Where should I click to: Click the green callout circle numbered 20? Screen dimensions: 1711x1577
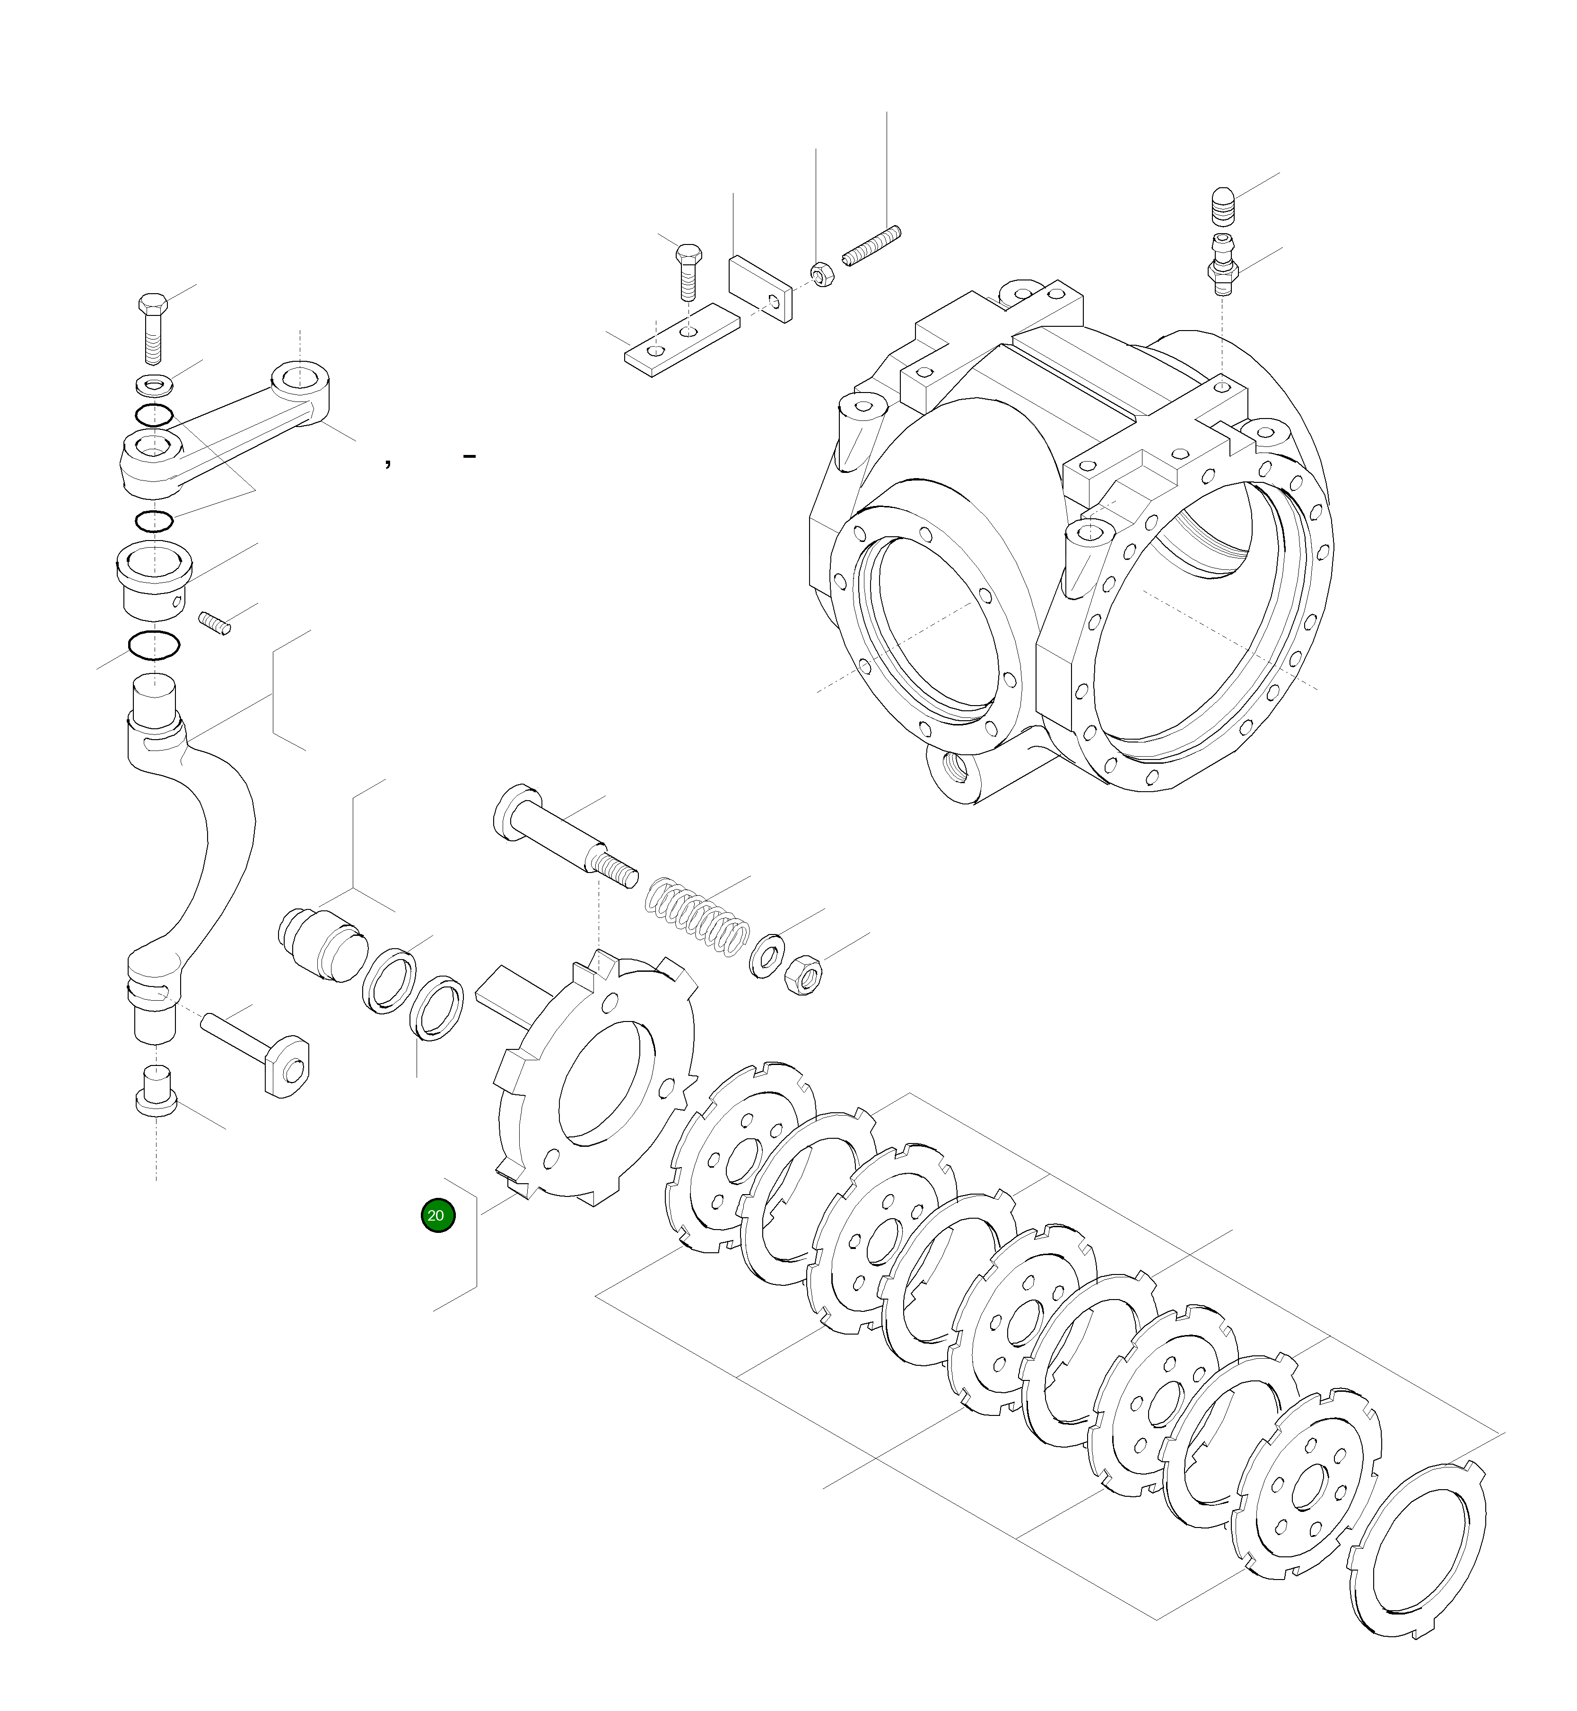tap(438, 1215)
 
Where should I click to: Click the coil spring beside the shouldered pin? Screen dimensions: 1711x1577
tap(697, 916)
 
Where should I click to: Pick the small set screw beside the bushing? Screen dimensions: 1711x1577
tap(215, 623)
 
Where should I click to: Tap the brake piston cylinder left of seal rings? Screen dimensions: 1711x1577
tap(322, 945)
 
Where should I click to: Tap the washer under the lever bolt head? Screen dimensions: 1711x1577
tap(154, 385)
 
